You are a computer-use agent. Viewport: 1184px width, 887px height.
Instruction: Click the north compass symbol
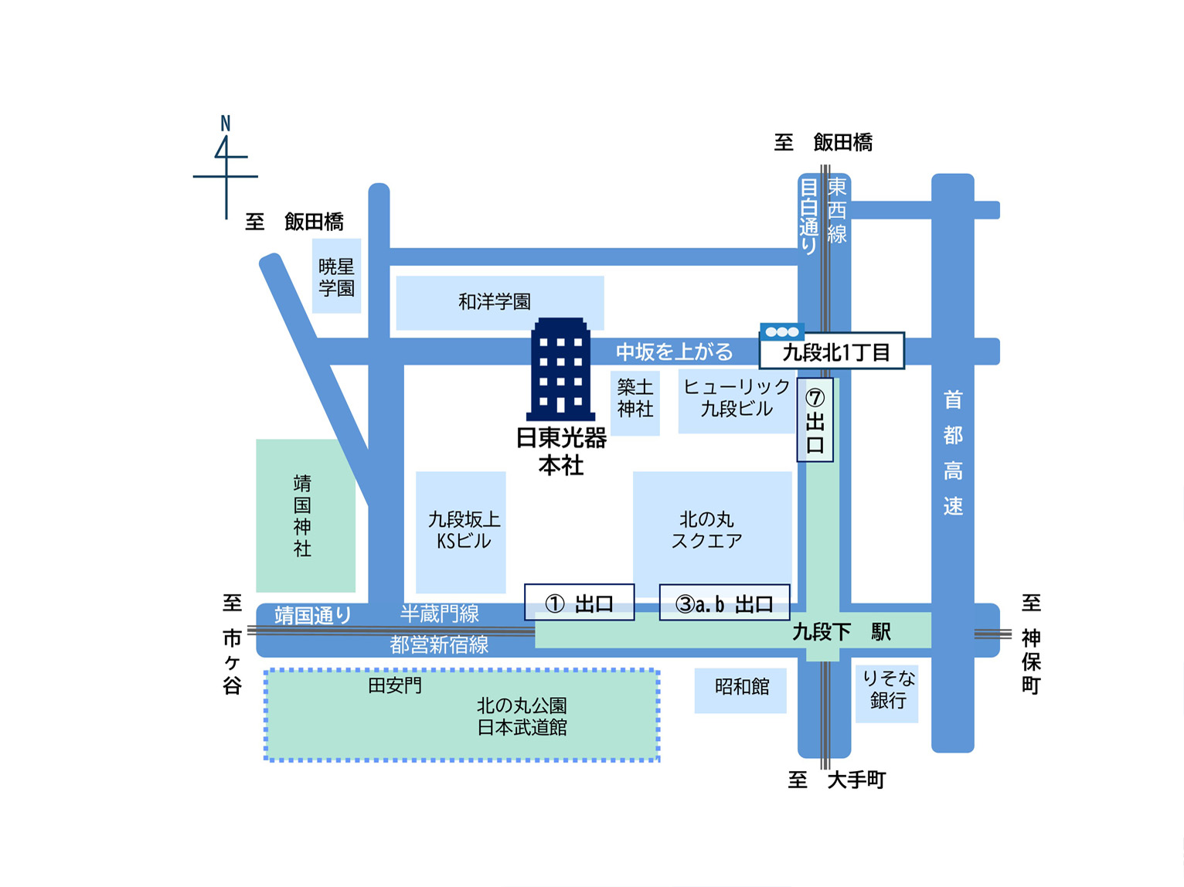[225, 166]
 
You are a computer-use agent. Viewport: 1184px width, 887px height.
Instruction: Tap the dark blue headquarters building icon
[561, 369]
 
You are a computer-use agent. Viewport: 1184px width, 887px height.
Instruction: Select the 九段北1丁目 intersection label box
[832, 352]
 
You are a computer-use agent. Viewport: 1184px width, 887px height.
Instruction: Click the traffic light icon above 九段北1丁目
[782, 332]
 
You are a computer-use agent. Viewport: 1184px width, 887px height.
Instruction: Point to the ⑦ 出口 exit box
[815, 420]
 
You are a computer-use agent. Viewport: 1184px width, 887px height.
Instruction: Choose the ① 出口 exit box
[580, 603]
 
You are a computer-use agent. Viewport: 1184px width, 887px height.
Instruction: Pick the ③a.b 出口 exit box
[724, 603]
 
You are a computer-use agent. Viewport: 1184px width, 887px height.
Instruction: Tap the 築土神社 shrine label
[635, 398]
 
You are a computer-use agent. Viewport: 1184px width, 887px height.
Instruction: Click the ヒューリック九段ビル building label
[737, 398]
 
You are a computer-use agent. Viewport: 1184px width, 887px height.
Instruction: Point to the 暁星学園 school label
[336, 277]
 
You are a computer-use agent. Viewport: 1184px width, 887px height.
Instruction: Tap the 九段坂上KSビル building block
[461, 532]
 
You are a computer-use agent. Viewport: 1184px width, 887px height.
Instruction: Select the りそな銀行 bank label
[887, 690]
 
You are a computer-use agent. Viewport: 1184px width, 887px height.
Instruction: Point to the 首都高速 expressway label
[952, 453]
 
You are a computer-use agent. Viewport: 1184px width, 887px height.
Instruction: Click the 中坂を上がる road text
[674, 352]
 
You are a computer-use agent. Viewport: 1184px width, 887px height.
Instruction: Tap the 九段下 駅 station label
[842, 632]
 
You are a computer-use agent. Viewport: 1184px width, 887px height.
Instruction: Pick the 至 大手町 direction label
[837, 780]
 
